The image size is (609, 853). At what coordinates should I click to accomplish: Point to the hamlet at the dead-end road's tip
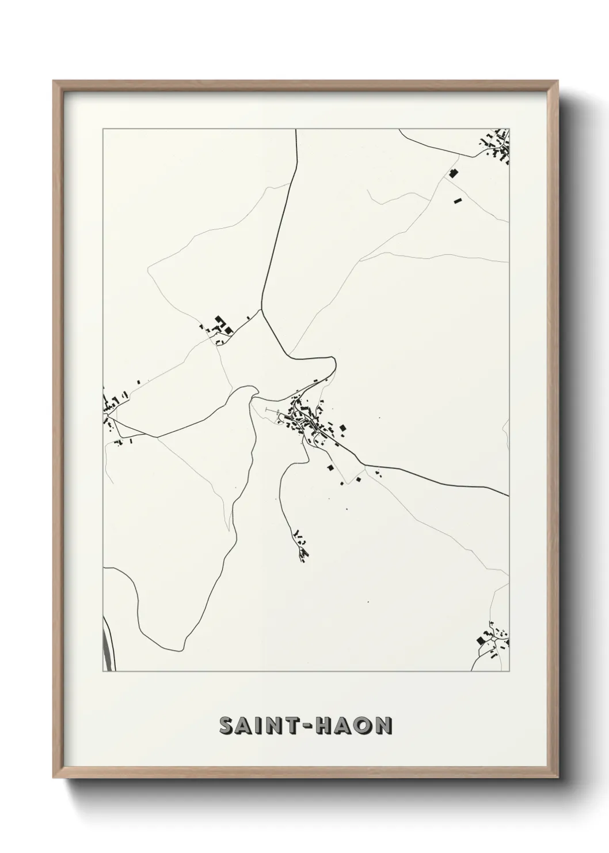300,545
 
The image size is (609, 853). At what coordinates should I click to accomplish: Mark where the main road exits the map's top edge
296,131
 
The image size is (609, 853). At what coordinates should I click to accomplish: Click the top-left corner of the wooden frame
55,82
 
